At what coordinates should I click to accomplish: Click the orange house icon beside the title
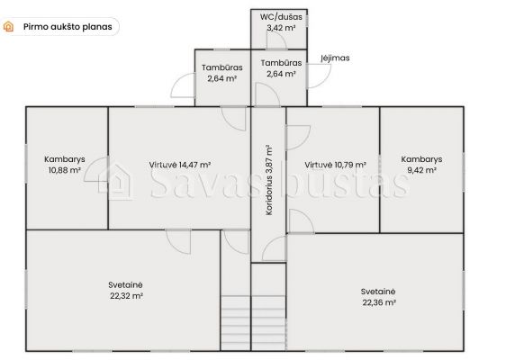pyautogui.click(x=8, y=26)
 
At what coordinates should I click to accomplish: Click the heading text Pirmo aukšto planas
pyautogui.click(x=68, y=27)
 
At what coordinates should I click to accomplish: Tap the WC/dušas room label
pyautogui.click(x=281, y=17)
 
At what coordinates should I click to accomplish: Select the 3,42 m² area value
pyautogui.click(x=281, y=28)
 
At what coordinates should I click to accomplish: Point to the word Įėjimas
pyautogui.click(x=335, y=58)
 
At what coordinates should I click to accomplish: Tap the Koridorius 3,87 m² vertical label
pyautogui.click(x=269, y=180)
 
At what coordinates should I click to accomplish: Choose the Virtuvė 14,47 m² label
pyautogui.click(x=180, y=165)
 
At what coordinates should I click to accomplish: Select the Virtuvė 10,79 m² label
pyautogui.click(x=335, y=165)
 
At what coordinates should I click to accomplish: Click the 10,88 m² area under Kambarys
pyautogui.click(x=65, y=170)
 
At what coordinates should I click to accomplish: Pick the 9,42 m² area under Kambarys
pyautogui.click(x=421, y=170)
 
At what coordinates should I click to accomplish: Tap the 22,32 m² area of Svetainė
pyautogui.click(x=126, y=296)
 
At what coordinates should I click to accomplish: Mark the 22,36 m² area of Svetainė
pyautogui.click(x=379, y=302)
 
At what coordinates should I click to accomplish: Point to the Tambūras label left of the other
pyautogui.click(x=222, y=67)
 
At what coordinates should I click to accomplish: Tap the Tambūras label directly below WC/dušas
pyautogui.click(x=281, y=63)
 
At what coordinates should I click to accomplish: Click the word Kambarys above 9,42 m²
pyautogui.click(x=421, y=159)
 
